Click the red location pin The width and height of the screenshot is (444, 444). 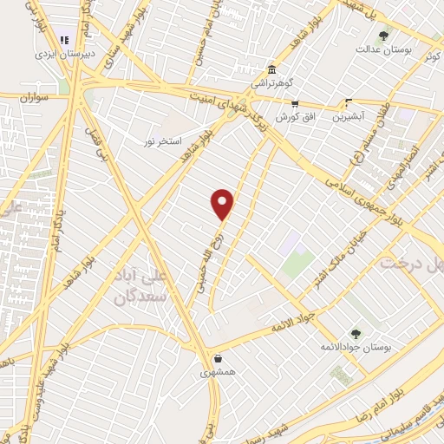pos(223,204)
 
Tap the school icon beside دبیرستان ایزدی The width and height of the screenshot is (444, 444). pos(63,40)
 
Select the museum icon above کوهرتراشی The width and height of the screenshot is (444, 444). pos(272,69)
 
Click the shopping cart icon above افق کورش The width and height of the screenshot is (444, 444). pos(296,103)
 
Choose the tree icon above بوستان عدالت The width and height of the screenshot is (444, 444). pos(383,35)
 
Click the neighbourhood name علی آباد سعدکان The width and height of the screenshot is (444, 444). pos(145,286)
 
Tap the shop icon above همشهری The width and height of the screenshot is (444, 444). pos(217,357)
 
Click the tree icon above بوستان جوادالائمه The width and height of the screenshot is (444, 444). pos(355,333)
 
